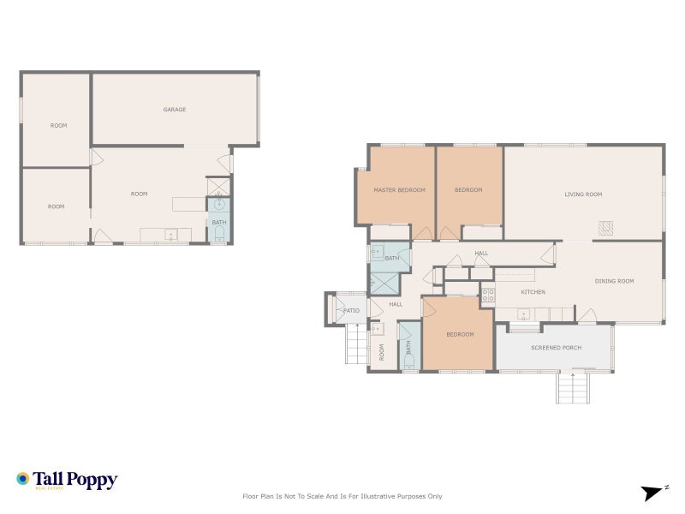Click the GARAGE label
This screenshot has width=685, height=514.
pyautogui.click(x=175, y=110)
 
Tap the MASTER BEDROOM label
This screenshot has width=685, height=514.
pyautogui.click(x=399, y=190)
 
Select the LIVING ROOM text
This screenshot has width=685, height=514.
pyautogui.click(x=583, y=194)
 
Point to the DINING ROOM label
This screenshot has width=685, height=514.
pyautogui.click(x=614, y=281)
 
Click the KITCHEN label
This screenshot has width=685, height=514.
pyautogui.click(x=533, y=292)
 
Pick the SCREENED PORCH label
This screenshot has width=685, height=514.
pyautogui.click(x=556, y=348)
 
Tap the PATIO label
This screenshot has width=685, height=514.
pyautogui.click(x=351, y=310)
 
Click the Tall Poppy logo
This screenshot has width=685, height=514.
pyautogui.click(x=67, y=481)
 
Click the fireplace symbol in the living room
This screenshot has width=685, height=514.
pyautogui.click(x=606, y=228)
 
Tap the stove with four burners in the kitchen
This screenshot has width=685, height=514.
pyautogui.click(x=487, y=296)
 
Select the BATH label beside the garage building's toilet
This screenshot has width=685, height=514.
pyautogui.click(x=219, y=223)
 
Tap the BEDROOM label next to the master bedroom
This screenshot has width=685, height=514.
pyautogui.click(x=468, y=190)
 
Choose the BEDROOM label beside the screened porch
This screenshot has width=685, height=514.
pyautogui.click(x=460, y=334)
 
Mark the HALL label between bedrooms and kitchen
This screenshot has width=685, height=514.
pyautogui.click(x=481, y=254)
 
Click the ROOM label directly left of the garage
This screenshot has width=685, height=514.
pyautogui.click(x=58, y=126)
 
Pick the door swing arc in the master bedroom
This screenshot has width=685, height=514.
pyautogui.click(x=422, y=232)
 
